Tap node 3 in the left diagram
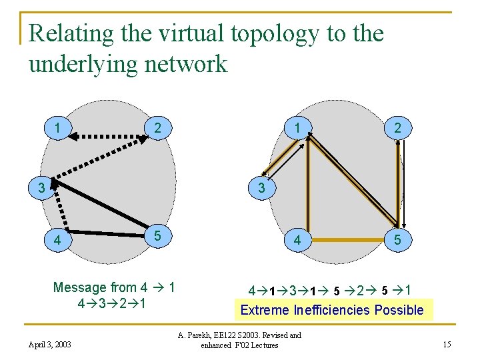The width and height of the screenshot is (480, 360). point(41,189)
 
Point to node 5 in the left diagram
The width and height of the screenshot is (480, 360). point(157,236)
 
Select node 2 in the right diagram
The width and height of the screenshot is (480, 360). point(397,128)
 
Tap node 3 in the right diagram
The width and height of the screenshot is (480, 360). point(262,189)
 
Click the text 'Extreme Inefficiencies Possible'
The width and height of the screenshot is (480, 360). point(331,310)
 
